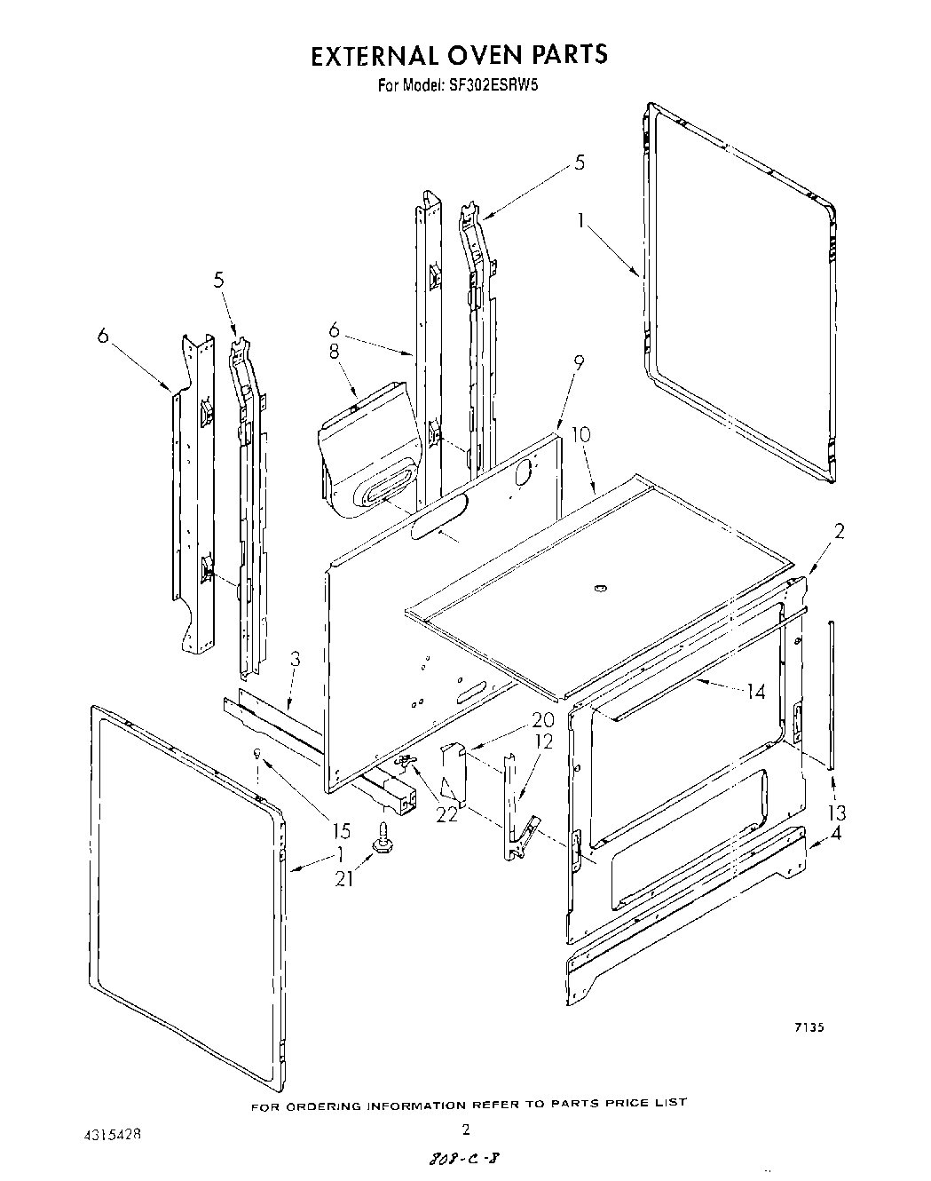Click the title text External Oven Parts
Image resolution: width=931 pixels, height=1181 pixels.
459,54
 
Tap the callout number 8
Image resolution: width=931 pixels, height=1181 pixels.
334,351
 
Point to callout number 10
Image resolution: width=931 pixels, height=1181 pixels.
580,435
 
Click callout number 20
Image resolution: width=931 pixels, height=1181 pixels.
542,719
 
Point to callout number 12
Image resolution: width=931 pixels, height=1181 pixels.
543,741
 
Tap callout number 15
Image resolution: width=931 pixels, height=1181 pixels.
342,831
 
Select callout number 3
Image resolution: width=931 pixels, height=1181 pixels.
295,660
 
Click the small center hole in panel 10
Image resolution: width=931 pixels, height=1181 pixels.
598,588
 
